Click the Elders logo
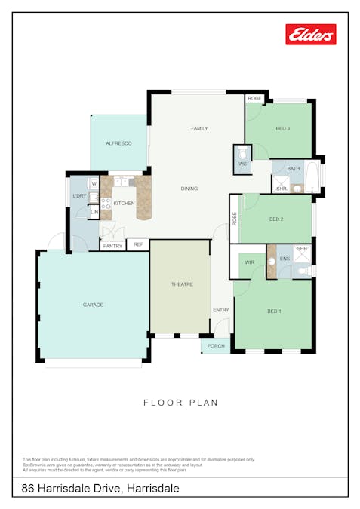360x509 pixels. [x=310, y=34]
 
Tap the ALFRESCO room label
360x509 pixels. [x=119, y=143]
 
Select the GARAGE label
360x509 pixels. [x=93, y=305]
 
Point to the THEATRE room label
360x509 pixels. [x=182, y=284]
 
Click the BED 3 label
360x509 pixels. [x=283, y=129]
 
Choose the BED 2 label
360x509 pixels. [x=276, y=219]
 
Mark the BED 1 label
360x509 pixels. [x=274, y=311]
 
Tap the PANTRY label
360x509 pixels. [x=112, y=246]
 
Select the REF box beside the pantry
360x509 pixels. [x=138, y=244]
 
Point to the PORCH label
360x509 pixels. [x=217, y=347]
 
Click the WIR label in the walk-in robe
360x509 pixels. [x=250, y=263]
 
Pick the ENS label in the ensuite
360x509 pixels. [x=285, y=259]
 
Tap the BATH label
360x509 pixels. [x=293, y=168]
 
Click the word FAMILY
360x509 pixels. [x=198, y=129]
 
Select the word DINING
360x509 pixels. [x=189, y=188]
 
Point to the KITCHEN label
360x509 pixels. [x=125, y=203]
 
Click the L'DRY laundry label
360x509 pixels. [x=79, y=196]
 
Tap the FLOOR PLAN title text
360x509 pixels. [x=180, y=403]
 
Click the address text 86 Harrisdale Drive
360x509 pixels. [x=71, y=489]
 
